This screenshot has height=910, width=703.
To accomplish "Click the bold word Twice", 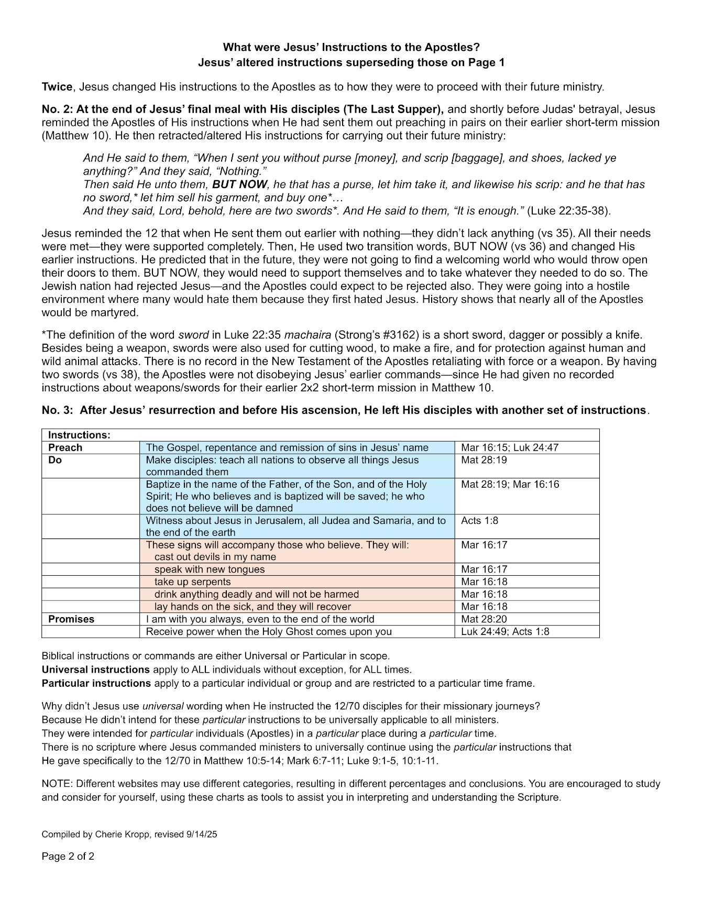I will click(57, 86).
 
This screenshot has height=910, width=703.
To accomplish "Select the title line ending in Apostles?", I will click(351, 47).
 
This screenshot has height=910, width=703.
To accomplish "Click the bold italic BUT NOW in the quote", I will click(239, 184).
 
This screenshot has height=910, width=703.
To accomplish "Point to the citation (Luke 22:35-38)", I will click(569, 211).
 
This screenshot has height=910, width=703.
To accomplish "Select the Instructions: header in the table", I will click(79, 435).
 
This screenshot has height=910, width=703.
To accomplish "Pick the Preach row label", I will click(65, 447).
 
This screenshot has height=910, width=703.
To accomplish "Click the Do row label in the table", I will click(55, 460).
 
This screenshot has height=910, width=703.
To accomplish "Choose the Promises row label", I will click(71, 619).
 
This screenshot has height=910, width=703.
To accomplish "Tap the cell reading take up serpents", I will click(192, 582).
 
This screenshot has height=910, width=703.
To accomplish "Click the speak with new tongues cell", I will click(210, 569).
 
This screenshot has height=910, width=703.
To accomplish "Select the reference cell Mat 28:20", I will click(484, 619).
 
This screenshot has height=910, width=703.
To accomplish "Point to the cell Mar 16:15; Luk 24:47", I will click(510, 447).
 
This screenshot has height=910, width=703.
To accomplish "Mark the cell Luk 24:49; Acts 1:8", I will click(505, 631).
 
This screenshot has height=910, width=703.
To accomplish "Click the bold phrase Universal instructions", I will click(96, 670).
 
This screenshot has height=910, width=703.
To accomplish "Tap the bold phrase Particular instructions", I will click(96, 683).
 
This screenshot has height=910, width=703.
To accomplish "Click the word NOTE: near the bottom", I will click(57, 784).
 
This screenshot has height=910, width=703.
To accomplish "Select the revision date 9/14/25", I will click(201, 835).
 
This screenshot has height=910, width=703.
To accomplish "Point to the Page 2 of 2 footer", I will click(68, 857).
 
